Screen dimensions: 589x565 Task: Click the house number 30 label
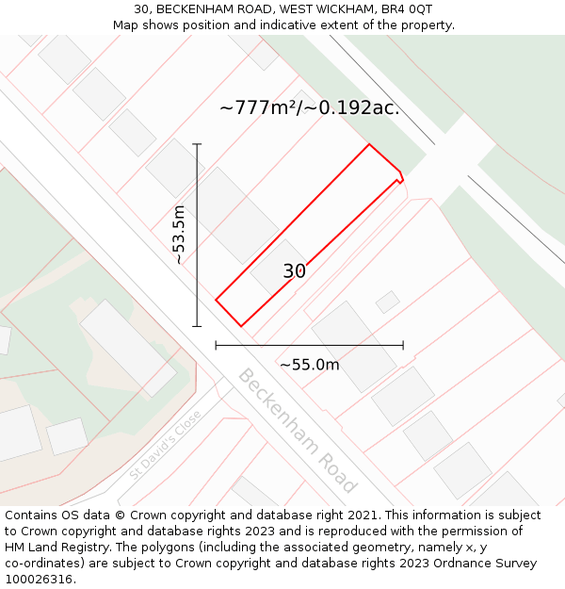pyautogui.click(x=295, y=271)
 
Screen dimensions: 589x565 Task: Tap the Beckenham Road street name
pyautogui.click(x=297, y=430)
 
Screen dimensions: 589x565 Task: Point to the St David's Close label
pyautogui.click(x=165, y=444)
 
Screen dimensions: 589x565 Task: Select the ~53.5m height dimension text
pyautogui.click(x=179, y=235)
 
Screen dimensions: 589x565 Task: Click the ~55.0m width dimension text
pyautogui.click(x=310, y=365)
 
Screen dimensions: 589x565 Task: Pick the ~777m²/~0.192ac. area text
pyautogui.click(x=310, y=107)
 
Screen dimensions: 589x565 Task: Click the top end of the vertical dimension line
pyautogui.click(x=197, y=144)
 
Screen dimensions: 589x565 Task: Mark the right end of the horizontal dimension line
pyautogui.click(x=403, y=346)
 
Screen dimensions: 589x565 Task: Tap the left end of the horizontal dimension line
pyautogui.click(x=217, y=346)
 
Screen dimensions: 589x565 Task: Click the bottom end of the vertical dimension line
pyautogui.click(x=197, y=326)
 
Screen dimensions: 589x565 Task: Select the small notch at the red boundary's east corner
pyautogui.click(x=401, y=175)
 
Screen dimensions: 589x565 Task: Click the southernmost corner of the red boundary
pyautogui.click(x=241, y=326)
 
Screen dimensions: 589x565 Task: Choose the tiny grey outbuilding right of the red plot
pyautogui.click(x=387, y=302)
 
